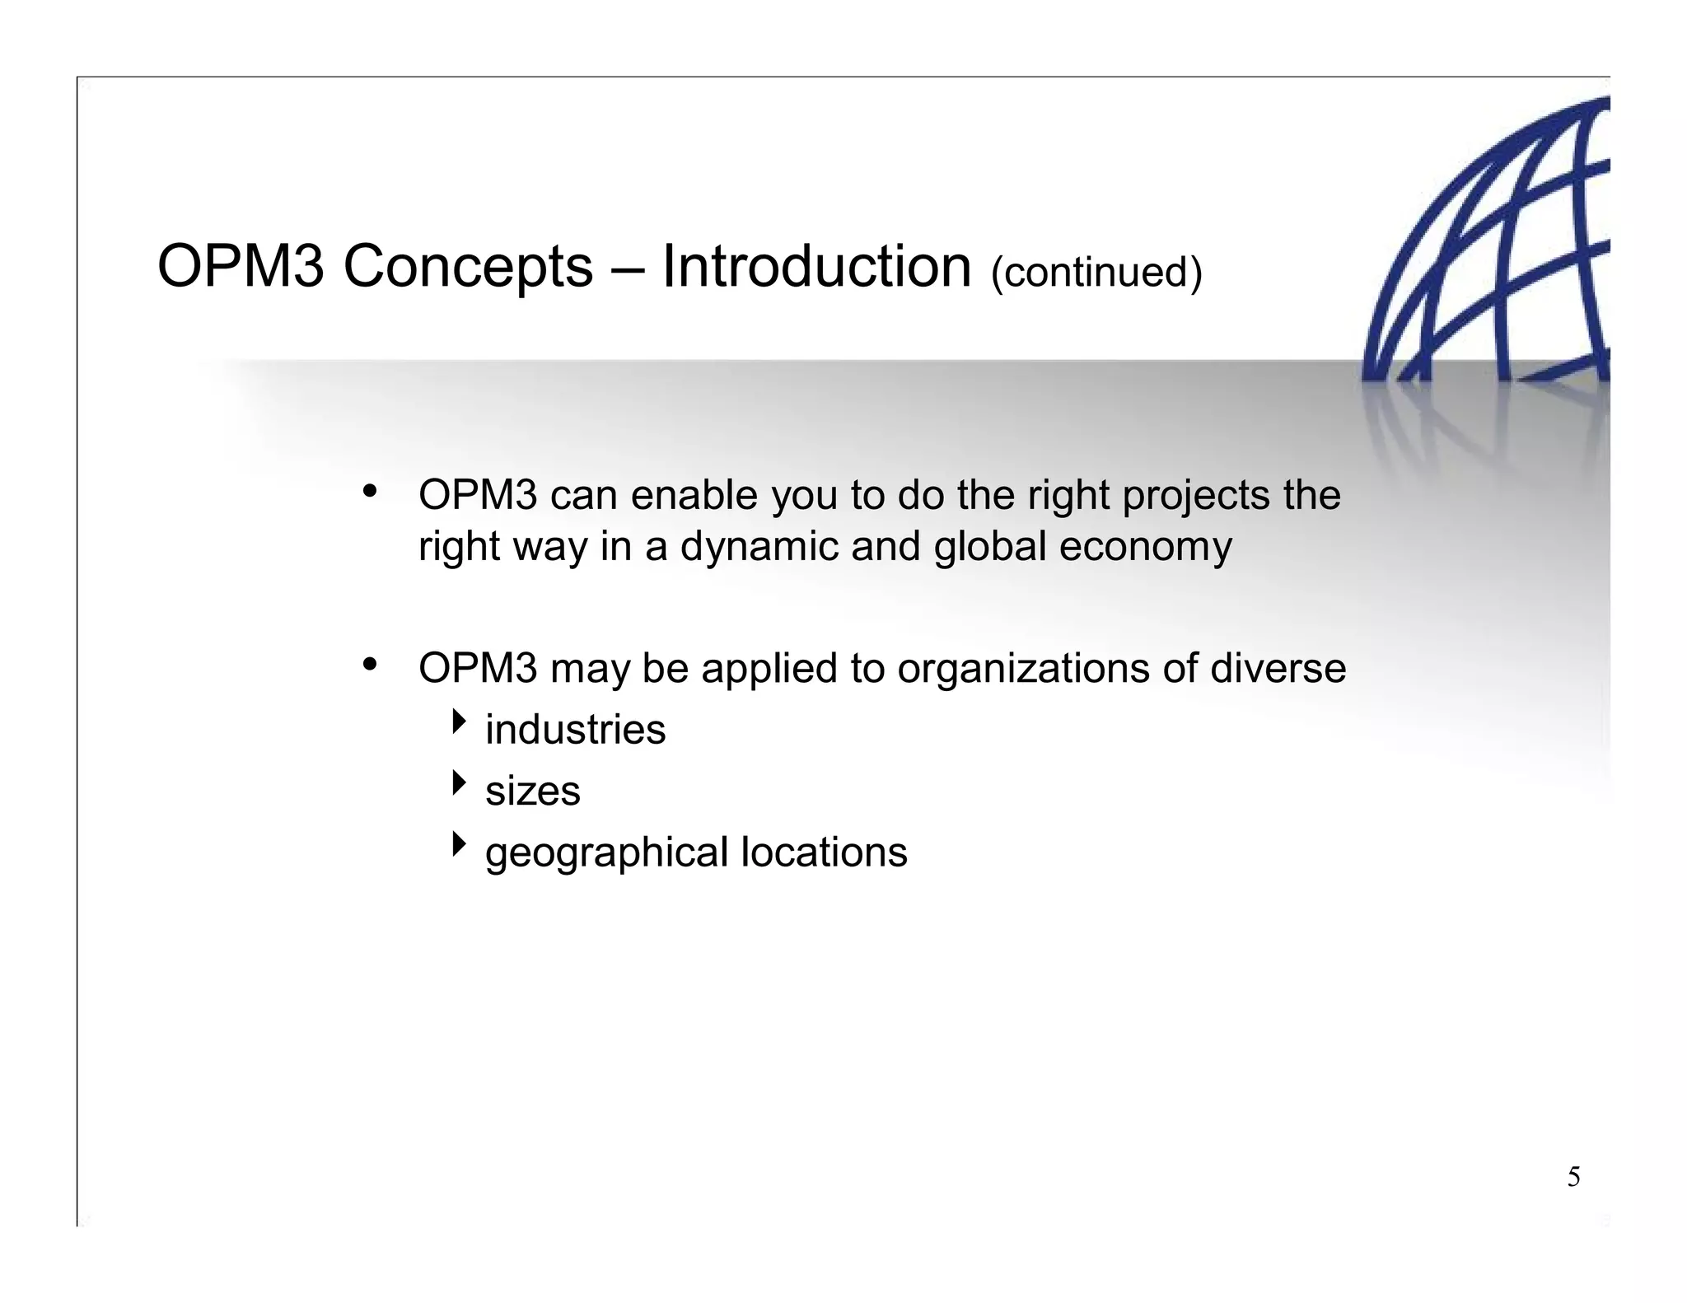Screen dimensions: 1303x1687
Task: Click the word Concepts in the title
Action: [x=467, y=268]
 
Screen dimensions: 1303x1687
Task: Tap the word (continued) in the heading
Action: [x=1096, y=272]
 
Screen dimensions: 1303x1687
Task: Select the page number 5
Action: [x=1573, y=1178]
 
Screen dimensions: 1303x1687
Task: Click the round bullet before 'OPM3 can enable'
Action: [x=370, y=493]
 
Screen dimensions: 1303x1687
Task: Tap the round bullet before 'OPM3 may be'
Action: [x=370, y=664]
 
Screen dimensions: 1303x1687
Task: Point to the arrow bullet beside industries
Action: [x=459, y=723]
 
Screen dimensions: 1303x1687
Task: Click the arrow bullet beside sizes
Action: [x=459, y=783]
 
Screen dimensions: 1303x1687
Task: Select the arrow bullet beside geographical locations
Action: [x=459, y=844]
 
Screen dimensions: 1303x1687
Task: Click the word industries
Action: [x=575, y=730]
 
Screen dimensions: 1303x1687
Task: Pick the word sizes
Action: [x=532, y=792]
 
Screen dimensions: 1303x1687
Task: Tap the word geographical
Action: [x=606, y=853]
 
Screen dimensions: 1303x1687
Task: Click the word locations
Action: [x=824, y=852]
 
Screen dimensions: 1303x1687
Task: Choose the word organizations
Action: [x=1023, y=668]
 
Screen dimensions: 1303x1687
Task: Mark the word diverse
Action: [x=1278, y=668]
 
